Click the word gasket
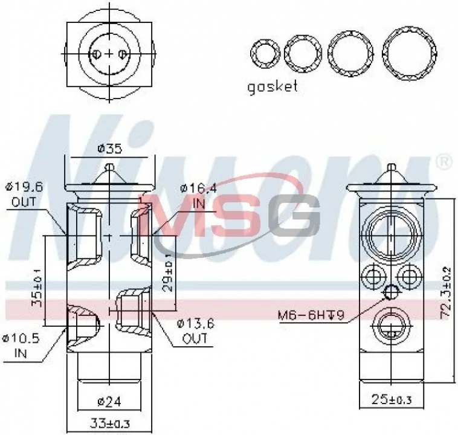pos(273,86)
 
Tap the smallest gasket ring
pos(264,53)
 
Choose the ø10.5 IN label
pos(22,345)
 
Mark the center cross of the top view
pos(109,54)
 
